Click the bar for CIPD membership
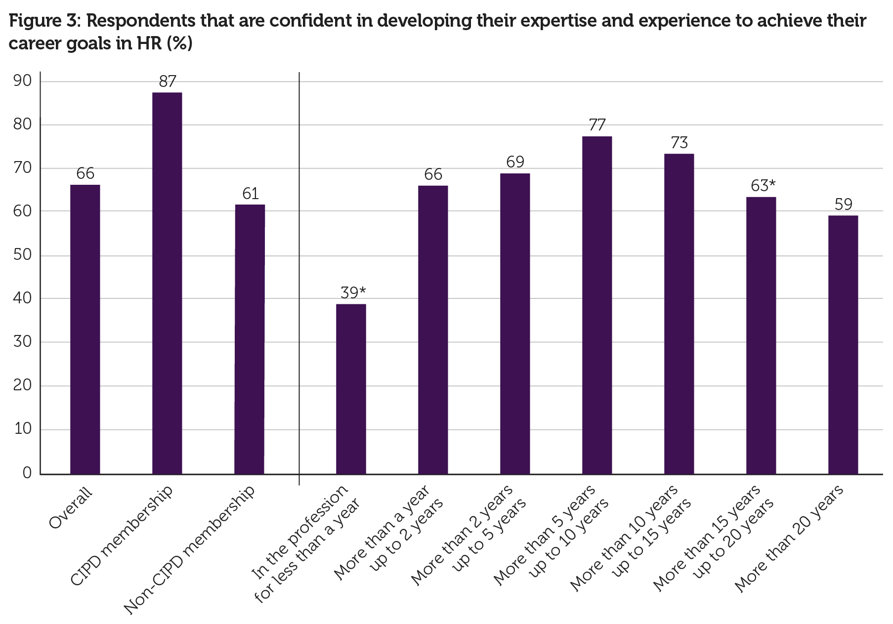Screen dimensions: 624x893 point(167,283)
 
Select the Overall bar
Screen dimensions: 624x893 point(85,329)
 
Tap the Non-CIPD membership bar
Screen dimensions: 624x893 point(250,339)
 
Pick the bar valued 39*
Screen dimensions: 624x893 point(351,388)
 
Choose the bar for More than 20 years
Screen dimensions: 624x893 point(843,344)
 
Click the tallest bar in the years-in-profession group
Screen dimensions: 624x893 point(597,305)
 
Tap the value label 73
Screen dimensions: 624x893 point(679,143)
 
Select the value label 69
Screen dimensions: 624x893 point(515,162)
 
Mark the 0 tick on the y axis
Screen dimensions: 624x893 point(27,473)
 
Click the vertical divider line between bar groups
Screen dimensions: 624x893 point(299,277)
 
